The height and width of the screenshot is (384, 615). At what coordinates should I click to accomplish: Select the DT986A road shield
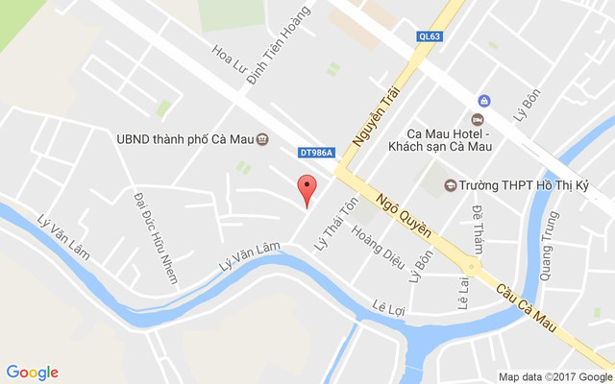pyautogui.click(x=316, y=152)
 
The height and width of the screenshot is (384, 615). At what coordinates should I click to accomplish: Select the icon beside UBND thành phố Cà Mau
pyautogui.click(x=262, y=138)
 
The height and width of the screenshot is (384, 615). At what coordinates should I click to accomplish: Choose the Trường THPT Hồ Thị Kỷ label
pyautogui.click(x=519, y=184)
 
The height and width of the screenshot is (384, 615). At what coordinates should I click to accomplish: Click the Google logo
pyautogui.click(x=33, y=372)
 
